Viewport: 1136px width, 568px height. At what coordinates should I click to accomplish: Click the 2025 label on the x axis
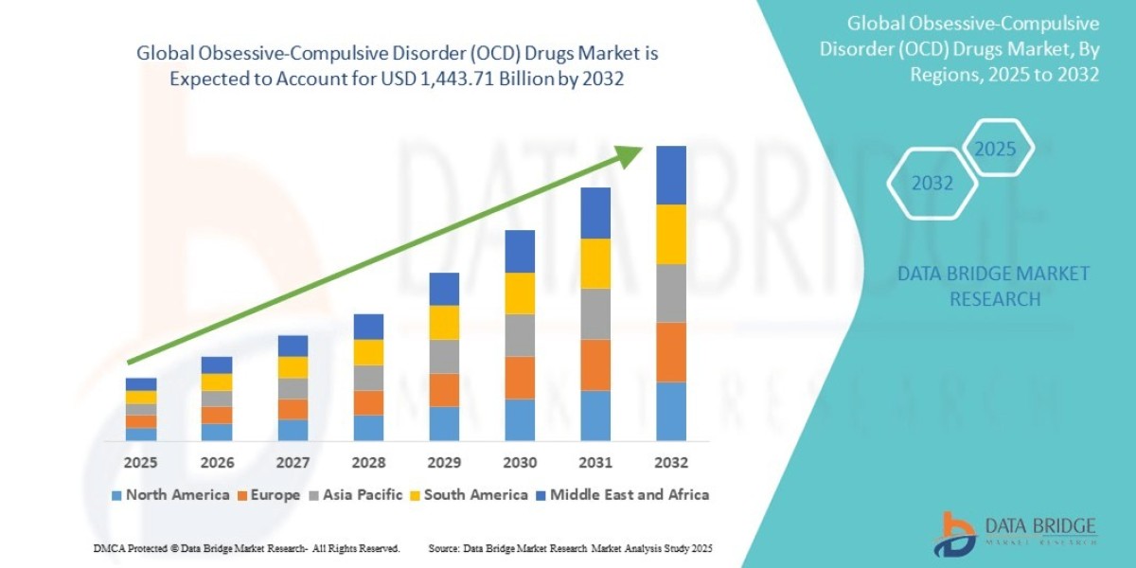[140, 463]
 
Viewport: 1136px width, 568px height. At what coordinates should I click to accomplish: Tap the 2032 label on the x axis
[670, 463]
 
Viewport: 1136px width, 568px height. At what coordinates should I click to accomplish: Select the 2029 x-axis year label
[444, 463]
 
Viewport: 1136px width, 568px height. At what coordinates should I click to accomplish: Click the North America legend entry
[170, 494]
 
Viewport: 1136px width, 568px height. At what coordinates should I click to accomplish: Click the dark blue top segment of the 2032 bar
[670, 175]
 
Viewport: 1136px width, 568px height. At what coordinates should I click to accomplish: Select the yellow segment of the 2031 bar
[595, 263]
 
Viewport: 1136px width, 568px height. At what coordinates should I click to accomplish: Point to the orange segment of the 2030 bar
[520, 377]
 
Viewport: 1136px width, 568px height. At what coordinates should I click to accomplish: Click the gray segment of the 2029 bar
[444, 356]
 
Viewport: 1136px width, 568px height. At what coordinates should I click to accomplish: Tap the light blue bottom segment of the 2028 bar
[368, 428]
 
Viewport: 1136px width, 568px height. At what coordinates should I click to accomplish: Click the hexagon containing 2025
[995, 149]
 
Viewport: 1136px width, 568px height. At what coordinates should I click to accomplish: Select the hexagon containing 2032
[932, 184]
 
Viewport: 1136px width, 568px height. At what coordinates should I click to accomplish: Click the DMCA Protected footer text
[246, 548]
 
